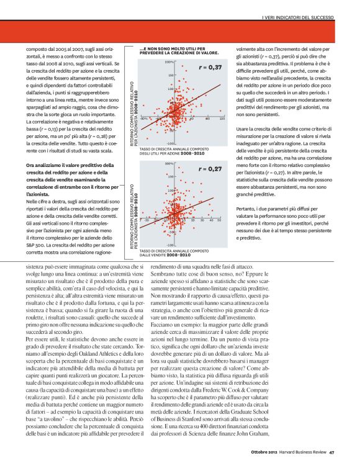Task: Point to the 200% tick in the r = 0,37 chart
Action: (169, 62)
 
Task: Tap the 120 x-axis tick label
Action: (222, 118)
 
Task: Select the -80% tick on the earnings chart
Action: (144, 118)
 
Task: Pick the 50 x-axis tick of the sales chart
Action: (219, 220)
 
